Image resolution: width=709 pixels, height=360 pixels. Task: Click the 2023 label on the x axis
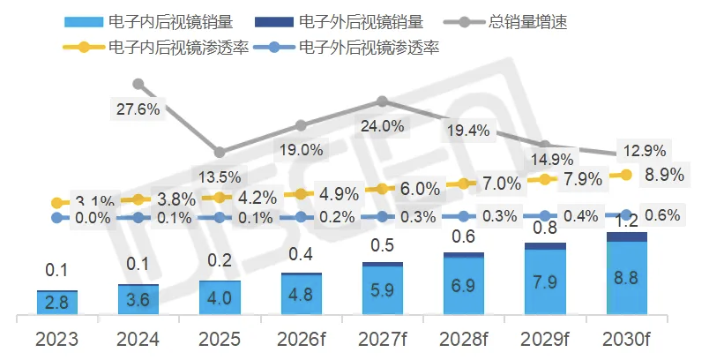pos(57,339)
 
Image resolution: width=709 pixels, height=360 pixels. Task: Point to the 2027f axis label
pos(383,339)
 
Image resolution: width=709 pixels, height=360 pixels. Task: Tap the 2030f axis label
pos(627,339)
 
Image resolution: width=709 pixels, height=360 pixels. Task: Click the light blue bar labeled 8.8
pos(627,277)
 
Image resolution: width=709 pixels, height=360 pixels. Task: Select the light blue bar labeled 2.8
pos(57,303)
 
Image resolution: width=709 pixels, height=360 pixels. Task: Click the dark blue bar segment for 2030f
pos(627,236)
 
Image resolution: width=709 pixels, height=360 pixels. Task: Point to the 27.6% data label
pos(138,109)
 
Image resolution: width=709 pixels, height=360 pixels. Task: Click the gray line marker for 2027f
pos(382,102)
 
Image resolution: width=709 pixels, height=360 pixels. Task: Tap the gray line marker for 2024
pos(138,84)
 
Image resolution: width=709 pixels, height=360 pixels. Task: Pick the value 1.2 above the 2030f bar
pos(627,221)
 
